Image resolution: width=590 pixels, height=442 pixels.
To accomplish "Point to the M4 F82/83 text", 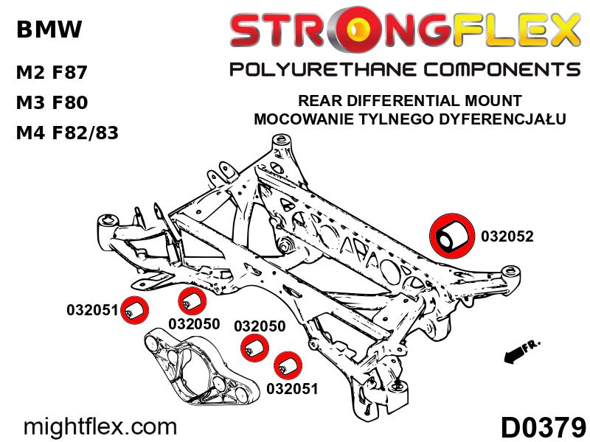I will click(67, 133).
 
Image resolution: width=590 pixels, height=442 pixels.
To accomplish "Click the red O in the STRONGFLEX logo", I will click(363, 31).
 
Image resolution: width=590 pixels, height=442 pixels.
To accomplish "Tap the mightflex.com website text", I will click(102, 426).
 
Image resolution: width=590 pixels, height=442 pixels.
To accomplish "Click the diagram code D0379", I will click(544, 427).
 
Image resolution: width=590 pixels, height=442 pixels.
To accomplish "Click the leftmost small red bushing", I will click(134, 310).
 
